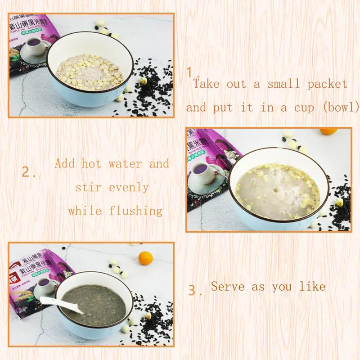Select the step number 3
tap(193, 290)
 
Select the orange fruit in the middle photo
tap(328, 131)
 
